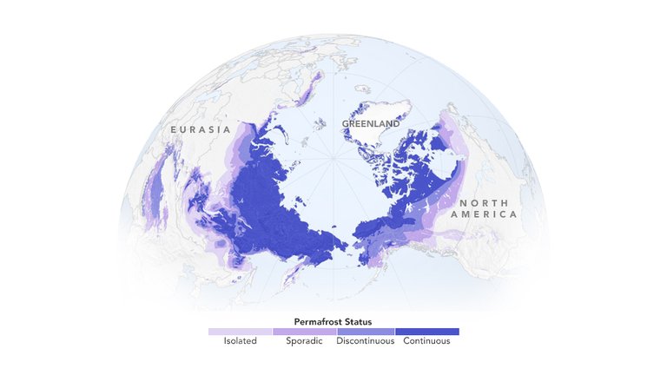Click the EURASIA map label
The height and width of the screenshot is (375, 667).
point(201,129)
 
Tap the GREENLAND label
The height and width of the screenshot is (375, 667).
point(371,124)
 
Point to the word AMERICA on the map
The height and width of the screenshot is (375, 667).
point(484,214)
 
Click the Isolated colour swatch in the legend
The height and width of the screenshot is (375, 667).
point(240,332)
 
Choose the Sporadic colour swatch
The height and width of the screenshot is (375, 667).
point(304,332)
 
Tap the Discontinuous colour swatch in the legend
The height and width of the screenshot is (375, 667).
point(365,332)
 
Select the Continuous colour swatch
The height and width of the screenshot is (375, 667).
point(427,332)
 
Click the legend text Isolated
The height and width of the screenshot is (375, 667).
point(240,341)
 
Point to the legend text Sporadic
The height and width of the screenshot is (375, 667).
point(304,341)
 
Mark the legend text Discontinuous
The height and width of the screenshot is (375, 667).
point(365,341)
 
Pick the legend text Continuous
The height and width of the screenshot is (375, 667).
point(427,341)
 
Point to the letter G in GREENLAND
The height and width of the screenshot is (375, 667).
point(345,124)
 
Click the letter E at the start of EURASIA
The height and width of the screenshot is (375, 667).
point(174,129)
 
